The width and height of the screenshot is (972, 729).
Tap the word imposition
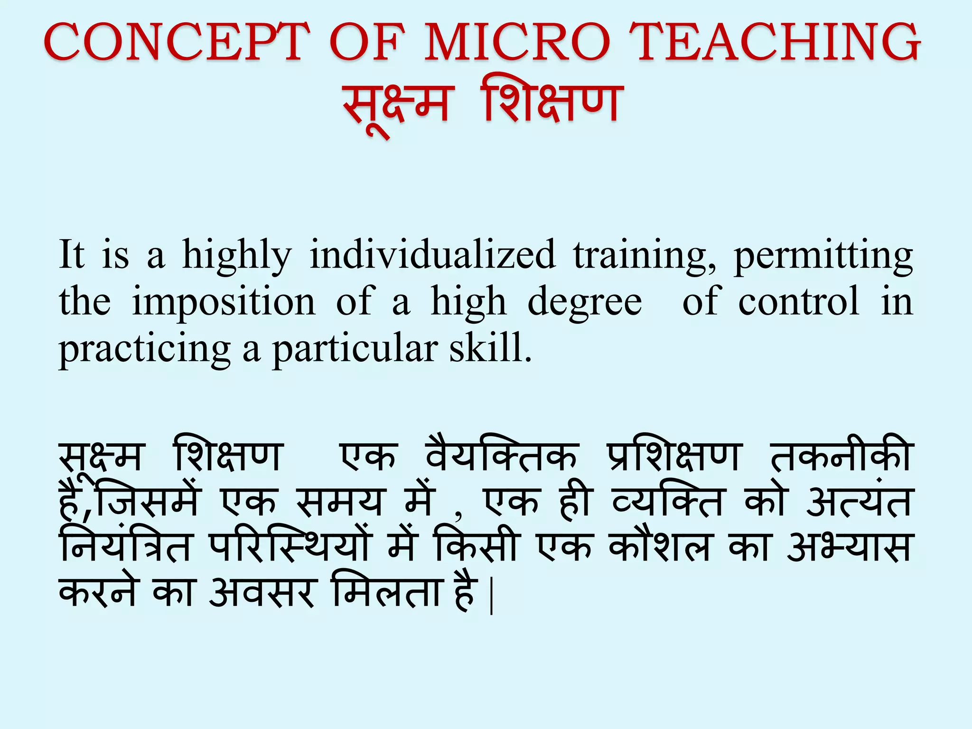click(223, 302)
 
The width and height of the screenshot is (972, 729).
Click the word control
click(798, 302)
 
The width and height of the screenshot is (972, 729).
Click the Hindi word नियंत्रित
click(124, 546)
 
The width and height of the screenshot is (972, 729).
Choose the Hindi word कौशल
click(659, 546)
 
